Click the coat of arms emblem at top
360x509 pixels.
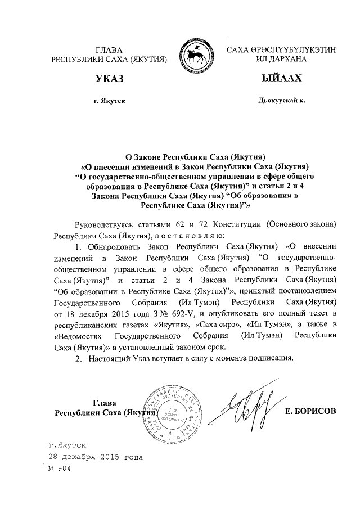tap(196, 55)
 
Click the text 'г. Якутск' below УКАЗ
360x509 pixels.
tap(109, 101)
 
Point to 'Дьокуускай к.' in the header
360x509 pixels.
tap(281, 101)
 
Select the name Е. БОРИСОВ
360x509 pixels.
tap(310, 411)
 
